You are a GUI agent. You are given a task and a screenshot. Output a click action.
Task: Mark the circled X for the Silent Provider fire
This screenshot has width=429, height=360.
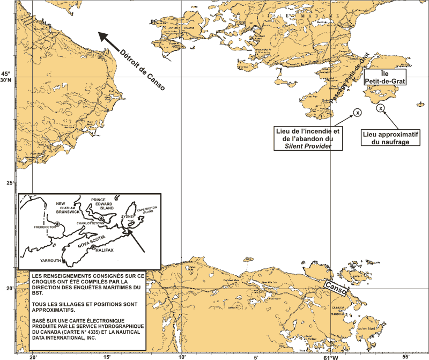[358, 112]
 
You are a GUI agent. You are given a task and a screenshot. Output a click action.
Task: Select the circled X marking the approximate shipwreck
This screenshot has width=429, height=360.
[380, 109]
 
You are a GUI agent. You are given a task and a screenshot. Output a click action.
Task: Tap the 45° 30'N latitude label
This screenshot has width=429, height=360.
[5, 77]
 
